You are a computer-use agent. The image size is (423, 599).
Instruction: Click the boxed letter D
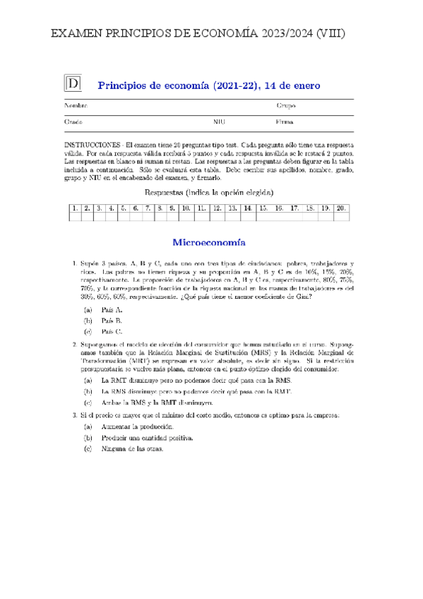point(73,84)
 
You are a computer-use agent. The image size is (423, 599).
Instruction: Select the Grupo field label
point(286,106)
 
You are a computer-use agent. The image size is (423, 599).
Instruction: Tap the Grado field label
point(74,122)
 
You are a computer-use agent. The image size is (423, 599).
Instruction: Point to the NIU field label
point(220,122)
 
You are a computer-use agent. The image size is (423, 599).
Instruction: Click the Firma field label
point(285,122)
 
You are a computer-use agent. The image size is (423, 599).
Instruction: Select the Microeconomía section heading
point(209,242)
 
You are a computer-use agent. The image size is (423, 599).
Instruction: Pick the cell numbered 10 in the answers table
point(186,208)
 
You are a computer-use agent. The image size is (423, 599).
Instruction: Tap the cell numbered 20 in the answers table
point(341,208)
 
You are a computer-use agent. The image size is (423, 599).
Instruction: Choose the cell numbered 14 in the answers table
point(248,208)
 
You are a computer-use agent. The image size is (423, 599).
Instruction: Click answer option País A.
point(112,310)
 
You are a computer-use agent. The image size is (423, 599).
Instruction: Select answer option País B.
point(112,321)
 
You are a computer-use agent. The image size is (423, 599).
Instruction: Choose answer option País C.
point(112,331)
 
